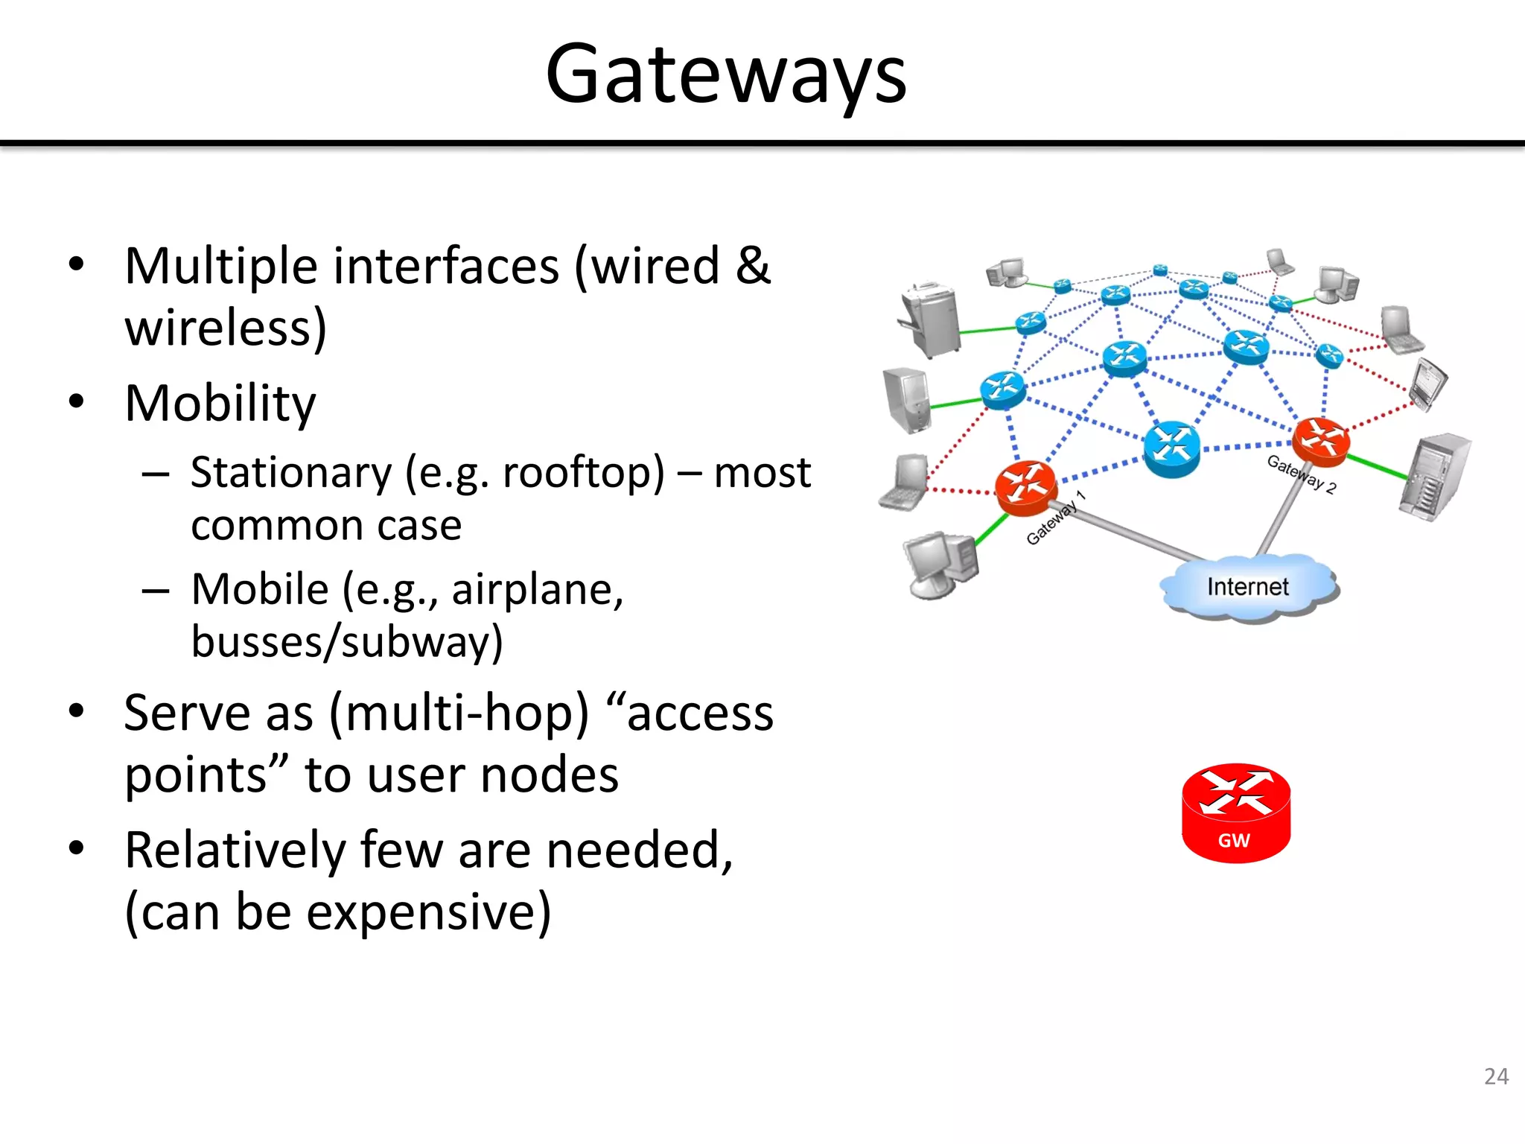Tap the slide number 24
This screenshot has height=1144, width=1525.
[1496, 1076]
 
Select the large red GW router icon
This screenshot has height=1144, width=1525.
[1236, 813]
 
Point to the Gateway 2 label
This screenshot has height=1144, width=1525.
[1302, 474]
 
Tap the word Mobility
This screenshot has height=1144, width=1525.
[220, 404]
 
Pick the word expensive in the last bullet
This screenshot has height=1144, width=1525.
[429, 912]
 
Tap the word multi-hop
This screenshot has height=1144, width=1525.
[459, 714]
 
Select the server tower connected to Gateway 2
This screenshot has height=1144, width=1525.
[1434, 477]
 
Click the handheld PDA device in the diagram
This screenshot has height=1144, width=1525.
[1428, 384]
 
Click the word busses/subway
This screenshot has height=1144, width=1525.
[346, 642]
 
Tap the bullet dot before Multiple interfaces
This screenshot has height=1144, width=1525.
[76, 264]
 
